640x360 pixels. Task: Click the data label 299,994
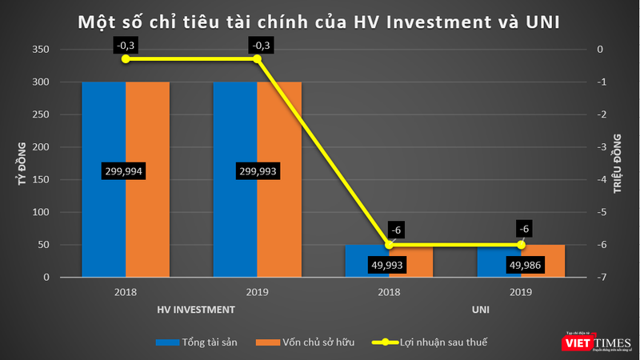click(126, 171)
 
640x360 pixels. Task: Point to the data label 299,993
click(257, 171)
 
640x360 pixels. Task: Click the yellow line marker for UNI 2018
click(389, 245)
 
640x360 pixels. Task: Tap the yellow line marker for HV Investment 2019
click(257, 59)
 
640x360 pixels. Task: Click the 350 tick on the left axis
click(42, 50)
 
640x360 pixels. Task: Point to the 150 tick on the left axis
click(42, 180)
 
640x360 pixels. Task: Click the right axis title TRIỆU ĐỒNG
click(617, 163)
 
